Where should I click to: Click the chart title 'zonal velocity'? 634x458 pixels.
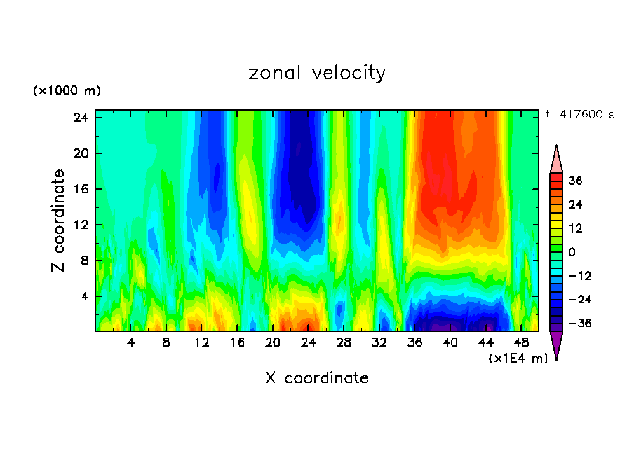(317, 73)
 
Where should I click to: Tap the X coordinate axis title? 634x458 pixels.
(317, 378)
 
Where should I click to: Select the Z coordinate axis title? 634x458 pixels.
(59, 221)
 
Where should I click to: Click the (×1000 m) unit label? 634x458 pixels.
(67, 91)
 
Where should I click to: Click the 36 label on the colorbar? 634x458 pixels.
(575, 181)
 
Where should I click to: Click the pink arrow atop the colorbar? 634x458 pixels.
(556, 160)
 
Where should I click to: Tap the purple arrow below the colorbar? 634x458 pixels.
(556, 345)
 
